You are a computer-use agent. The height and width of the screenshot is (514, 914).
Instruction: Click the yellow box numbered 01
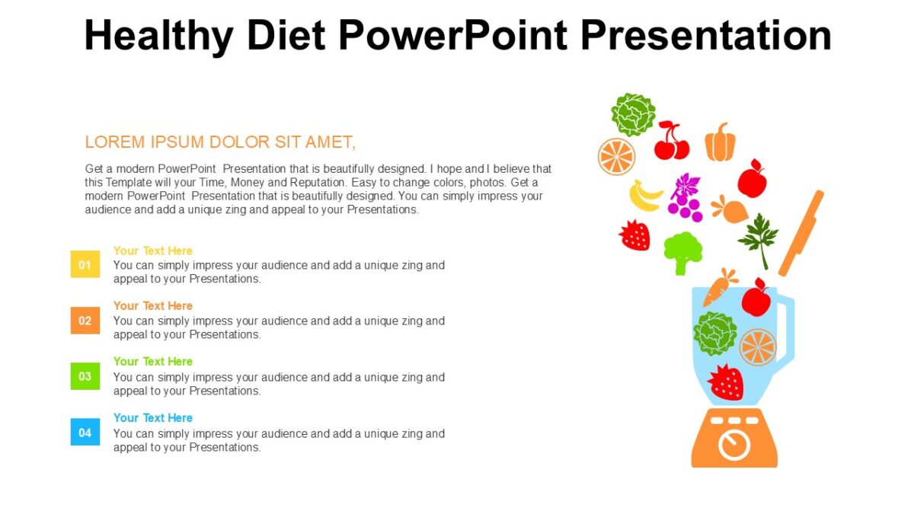pos(85,265)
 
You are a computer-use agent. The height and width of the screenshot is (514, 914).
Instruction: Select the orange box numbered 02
pos(85,321)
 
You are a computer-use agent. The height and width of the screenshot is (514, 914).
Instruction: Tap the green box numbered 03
pos(85,376)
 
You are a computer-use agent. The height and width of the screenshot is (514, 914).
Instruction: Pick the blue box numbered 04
pos(85,433)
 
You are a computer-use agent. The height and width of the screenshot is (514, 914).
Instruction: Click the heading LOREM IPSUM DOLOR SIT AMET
pos(220,142)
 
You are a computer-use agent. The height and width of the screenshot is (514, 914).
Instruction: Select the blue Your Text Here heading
pos(152,417)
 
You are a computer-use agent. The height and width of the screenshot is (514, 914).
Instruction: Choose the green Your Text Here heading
pos(152,361)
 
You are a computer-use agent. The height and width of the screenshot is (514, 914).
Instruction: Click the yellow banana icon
pos(645,196)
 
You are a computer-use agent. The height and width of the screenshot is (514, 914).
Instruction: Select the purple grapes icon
pos(684,196)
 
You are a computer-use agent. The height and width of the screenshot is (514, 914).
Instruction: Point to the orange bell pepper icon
pos(720,142)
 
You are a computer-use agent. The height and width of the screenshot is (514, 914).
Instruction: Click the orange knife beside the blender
pos(801,232)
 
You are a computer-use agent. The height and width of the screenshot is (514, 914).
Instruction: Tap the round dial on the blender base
pos(734,445)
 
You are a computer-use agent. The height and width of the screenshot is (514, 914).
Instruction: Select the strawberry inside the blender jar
pos(725,382)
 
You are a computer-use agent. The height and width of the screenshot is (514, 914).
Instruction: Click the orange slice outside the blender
pos(616,156)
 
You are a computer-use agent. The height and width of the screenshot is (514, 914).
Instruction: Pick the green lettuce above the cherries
pos(633,114)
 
